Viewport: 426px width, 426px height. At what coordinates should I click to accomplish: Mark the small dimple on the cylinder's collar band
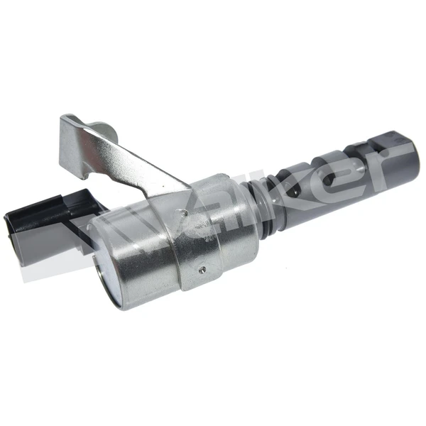202,269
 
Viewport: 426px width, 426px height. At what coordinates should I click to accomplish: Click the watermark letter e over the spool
334,177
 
